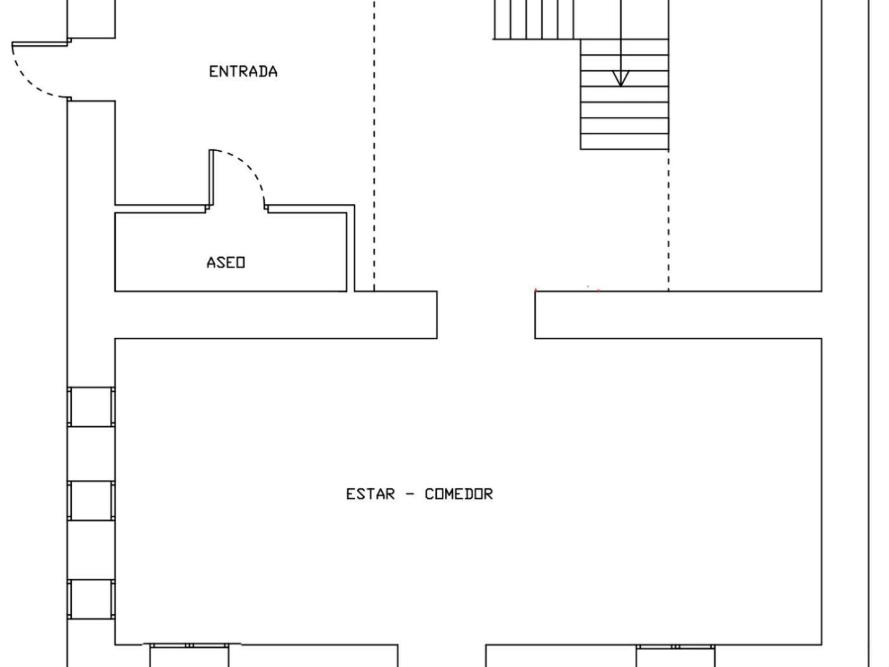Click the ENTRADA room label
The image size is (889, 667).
coord(243,72)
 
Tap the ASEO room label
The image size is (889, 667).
coord(225,262)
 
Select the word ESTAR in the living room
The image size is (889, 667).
coord(370,494)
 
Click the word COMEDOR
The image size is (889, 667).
coord(458,494)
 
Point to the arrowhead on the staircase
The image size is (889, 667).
coord(620,79)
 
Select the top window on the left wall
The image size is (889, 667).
coord(91,407)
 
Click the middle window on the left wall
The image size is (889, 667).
coord(91,501)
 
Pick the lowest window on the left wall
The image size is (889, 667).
coord(91,599)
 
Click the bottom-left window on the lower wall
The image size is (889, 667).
coord(189,656)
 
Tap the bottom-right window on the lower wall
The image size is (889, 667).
coord(675,656)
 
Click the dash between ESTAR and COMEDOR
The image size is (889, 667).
coord(410,494)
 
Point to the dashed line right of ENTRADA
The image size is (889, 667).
coord(374,145)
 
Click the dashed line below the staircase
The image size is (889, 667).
coord(668,220)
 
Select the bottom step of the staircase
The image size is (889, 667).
coord(624,141)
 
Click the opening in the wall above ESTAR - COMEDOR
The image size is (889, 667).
coord(486,314)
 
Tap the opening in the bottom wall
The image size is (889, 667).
coord(442,656)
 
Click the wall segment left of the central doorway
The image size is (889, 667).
coord(276,314)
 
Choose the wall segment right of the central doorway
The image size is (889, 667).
coord(678,314)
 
